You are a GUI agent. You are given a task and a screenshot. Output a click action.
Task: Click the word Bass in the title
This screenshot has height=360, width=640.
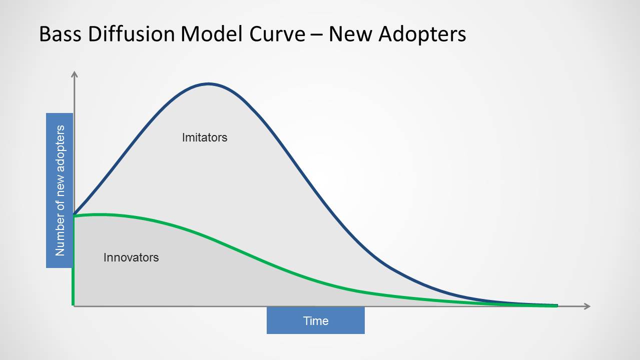point(60,34)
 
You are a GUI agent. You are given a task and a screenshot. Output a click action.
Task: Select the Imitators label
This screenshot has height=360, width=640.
point(205,137)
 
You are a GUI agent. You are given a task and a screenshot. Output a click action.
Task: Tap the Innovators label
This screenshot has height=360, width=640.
point(131,257)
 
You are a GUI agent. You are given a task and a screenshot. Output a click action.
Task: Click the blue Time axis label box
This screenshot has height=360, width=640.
point(316,320)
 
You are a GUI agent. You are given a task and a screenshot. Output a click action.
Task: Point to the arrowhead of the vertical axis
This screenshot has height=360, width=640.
point(74,73)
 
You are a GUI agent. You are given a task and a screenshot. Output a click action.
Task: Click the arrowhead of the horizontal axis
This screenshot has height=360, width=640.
point(588,306)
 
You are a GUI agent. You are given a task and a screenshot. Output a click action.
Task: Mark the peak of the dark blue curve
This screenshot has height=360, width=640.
point(209,84)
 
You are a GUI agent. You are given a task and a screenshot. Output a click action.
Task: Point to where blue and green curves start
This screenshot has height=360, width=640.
point(74,215)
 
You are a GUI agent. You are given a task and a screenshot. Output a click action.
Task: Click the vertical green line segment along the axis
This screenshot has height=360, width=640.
point(73,260)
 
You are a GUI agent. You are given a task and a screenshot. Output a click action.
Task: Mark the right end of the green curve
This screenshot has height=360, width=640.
point(557,306)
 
